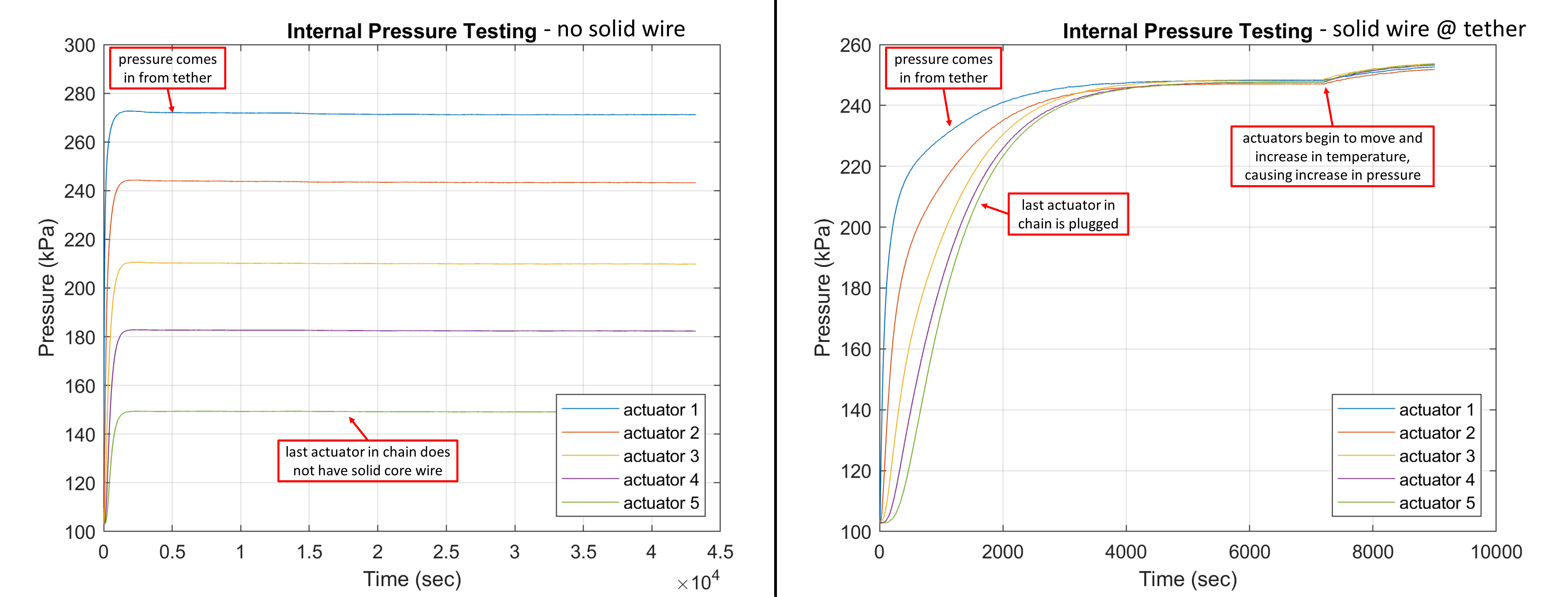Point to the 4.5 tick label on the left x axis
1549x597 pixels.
tap(720, 552)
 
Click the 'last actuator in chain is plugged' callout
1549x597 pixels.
tap(1067, 214)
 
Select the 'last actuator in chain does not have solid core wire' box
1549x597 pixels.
tap(368, 461)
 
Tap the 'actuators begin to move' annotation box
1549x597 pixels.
tap(1332, 156)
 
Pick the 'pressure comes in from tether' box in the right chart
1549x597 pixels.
tap(943, 68)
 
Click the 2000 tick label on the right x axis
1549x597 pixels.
tap(1002, 552)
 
